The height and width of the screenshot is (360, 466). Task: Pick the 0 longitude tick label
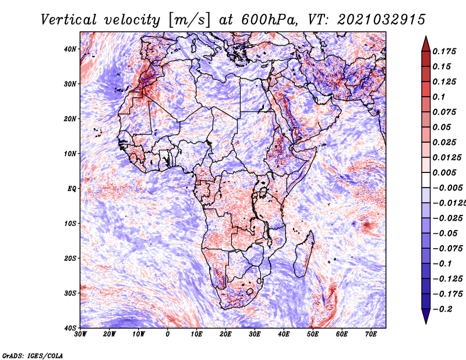[168, 334]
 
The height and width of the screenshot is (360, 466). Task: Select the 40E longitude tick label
[284, 334]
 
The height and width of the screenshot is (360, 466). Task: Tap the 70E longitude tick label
[371, 334]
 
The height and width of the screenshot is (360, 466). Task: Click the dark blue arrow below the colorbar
[426, 316]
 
